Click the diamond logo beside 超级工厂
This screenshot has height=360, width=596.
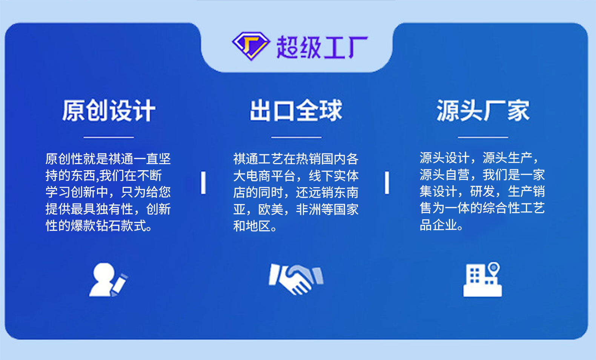point(251,46)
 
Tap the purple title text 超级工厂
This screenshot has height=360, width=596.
point(322,47)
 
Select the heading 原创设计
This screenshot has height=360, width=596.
point(109,111)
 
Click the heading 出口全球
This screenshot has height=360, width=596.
point(296,111)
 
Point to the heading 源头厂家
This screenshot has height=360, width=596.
point(483,111)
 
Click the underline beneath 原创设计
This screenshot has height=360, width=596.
point(109,137)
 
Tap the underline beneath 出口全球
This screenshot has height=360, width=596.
point(296,137)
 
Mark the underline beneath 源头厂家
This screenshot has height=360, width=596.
point(483,137)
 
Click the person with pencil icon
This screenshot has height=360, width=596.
point(108,280)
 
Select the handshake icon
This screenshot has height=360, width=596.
point(296,279)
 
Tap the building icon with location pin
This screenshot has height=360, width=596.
point(482,279)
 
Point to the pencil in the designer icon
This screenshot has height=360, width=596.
point(119,285)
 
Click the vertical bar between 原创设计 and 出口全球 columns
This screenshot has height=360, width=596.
point(203,183)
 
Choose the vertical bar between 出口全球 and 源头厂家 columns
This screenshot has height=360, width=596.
point(387,183)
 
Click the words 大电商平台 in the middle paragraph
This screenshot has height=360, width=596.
point(264,175)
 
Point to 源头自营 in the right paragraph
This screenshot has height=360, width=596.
point(445,175)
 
